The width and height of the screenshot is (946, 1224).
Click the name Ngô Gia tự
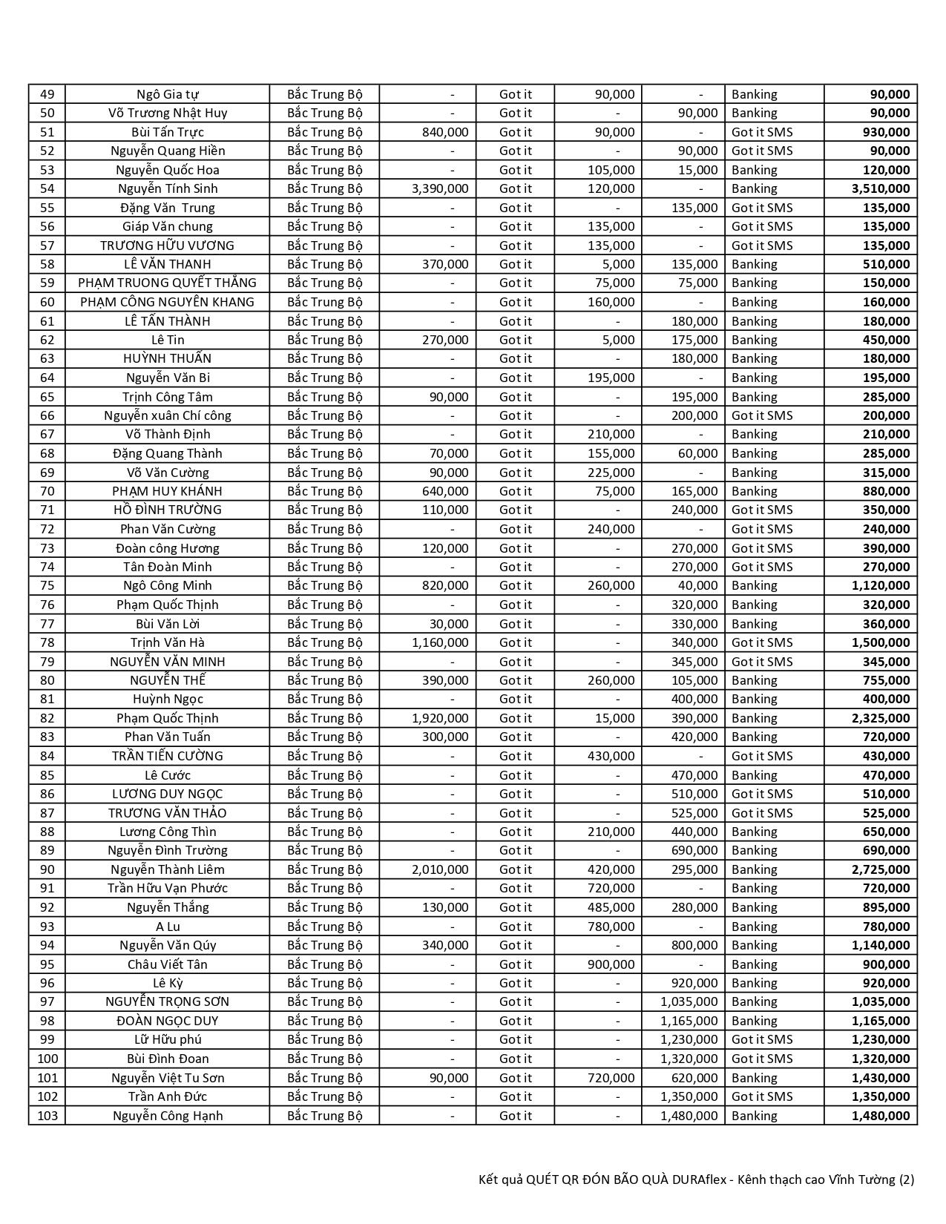click(168, 94)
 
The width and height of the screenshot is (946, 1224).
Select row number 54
click(47, 188)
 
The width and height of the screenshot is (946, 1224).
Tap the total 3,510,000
click(881, 188)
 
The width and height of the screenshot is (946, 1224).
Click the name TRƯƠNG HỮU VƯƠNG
click(168, 246)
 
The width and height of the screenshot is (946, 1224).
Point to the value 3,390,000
click(440, 188)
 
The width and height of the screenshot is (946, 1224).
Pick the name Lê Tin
click(168, 340)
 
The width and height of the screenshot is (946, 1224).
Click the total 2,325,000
click(881, 718)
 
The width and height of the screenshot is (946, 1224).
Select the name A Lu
click(168, 927)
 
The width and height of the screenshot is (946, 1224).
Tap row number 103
click(47, 1116)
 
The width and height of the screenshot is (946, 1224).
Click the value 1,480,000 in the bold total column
click(881, 1116)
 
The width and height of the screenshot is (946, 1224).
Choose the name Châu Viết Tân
click(168, 964)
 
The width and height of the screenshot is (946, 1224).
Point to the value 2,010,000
click(440, 869)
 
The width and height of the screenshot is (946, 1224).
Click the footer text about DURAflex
click(696, 1179)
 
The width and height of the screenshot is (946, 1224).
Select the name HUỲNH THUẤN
click(168, 358)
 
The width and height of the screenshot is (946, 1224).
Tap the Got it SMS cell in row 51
click(762, 132)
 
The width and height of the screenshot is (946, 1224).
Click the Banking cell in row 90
click(755, 869)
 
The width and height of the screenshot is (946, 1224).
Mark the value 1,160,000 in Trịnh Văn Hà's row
click(440, 642)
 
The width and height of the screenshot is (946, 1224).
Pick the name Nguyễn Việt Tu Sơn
click(168, 1078)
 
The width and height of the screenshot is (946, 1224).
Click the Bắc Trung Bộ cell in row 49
click(325, 94)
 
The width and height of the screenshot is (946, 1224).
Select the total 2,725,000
click(881, 869)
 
